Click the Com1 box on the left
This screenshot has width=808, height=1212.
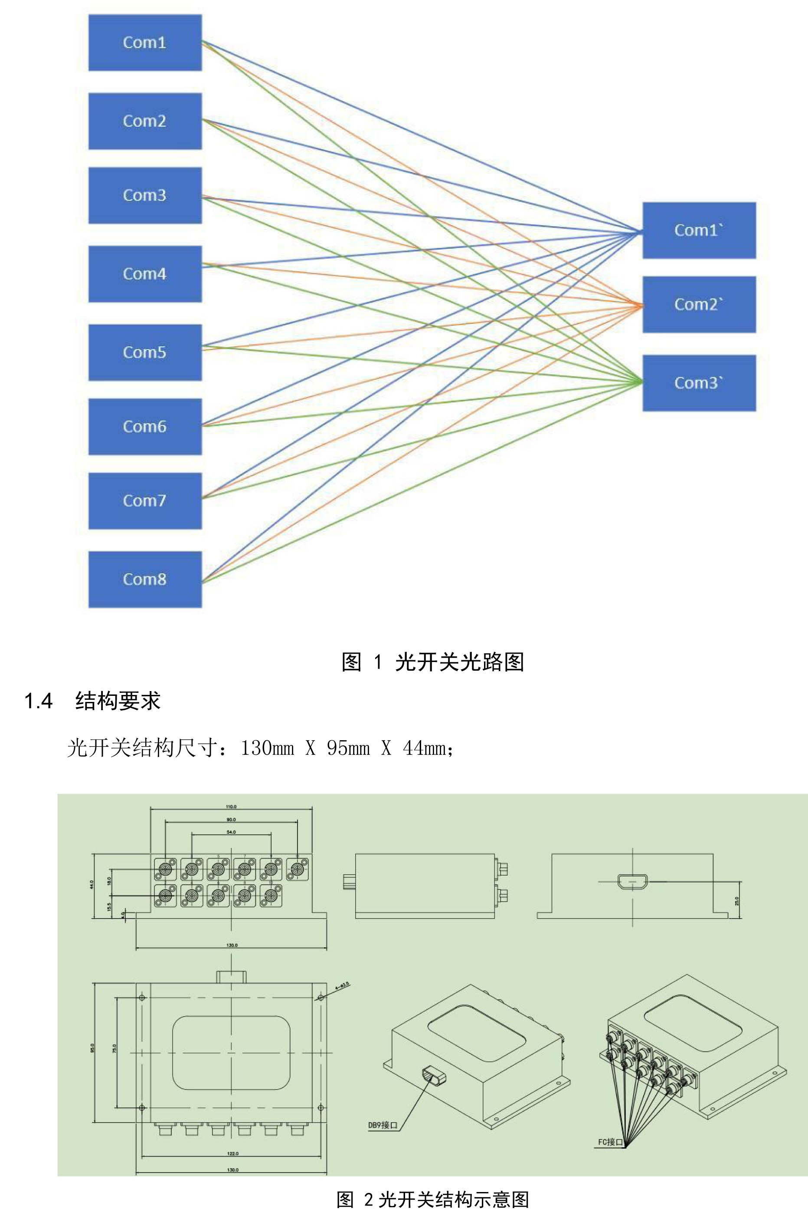point(145,42)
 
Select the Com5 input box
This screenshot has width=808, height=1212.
point(145,352)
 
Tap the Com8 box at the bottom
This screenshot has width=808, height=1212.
point(145,579)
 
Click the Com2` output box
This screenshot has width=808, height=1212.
point(699,304)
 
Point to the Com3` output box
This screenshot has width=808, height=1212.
point(699,383)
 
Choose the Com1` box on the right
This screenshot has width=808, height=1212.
point(699,230)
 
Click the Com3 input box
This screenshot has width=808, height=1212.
point(145,195)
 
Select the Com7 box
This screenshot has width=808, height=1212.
point(145,501)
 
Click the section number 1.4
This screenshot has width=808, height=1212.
point(39,702)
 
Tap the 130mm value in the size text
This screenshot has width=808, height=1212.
point(267,748)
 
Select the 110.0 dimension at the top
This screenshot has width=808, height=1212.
point(231,807)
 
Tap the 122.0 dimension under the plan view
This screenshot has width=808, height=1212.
point(232,1154)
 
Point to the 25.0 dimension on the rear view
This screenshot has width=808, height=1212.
point(737,900)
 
